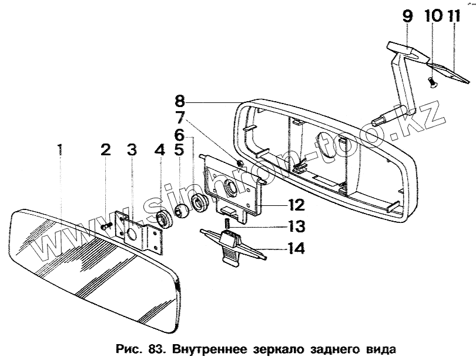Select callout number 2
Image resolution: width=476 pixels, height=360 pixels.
pos(105,149)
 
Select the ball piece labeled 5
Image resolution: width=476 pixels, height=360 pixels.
pos(183,210)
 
